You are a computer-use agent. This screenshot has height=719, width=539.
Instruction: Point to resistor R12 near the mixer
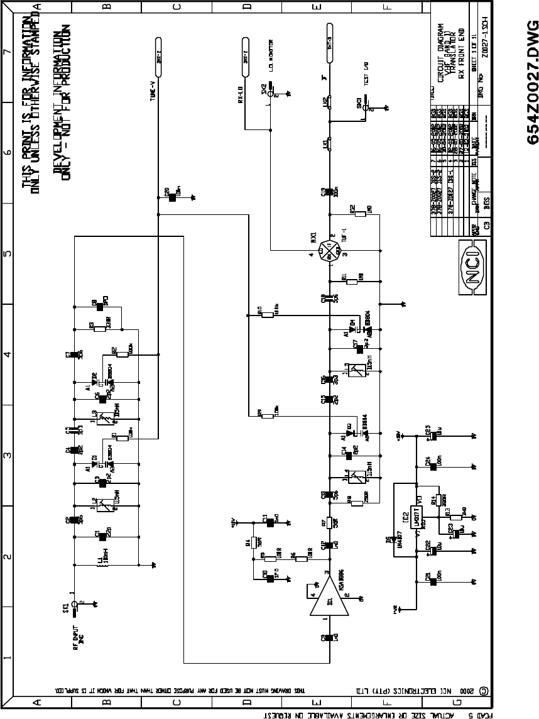(x=360, y=214)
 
